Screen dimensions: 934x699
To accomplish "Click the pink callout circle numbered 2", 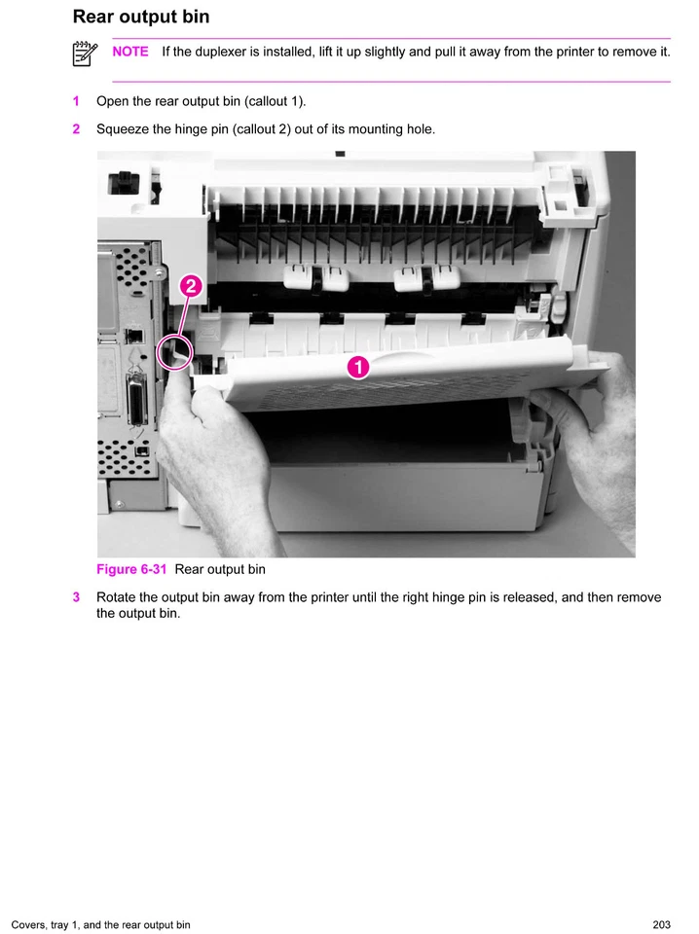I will [191, 286].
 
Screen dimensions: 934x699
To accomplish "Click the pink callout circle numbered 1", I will [357, 367].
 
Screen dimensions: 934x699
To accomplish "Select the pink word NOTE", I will [130, 52].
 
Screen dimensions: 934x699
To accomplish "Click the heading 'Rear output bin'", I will [140, 17].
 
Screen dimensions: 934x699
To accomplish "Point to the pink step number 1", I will [76, 101].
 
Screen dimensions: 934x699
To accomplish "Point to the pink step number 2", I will [76, 129].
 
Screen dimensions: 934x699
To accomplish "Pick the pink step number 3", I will [76, 597].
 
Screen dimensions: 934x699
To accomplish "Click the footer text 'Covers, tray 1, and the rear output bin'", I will [101, 924].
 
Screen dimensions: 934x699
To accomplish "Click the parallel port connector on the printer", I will [135, 400].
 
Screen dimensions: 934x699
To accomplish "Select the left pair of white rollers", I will [315, 278].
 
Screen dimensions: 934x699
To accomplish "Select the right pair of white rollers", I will [425, 278].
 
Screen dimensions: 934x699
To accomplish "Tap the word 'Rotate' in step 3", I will [117, 597].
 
